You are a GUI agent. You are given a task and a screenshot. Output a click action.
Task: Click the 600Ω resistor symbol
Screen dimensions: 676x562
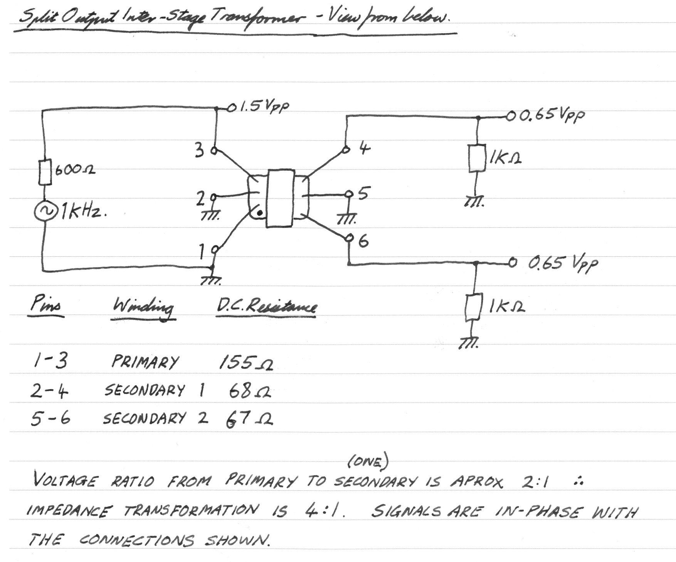(x=45, y=172)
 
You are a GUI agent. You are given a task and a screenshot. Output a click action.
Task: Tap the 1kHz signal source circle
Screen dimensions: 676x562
(x=45, y=212)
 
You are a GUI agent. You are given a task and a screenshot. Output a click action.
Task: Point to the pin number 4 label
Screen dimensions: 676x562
(x=364, y=148)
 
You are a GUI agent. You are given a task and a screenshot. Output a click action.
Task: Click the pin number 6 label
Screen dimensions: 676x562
(x=363, y=241)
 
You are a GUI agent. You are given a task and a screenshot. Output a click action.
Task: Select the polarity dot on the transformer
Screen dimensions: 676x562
(x=260, y=212)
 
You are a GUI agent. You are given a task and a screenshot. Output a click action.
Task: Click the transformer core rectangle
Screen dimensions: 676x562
(x=281, y=199)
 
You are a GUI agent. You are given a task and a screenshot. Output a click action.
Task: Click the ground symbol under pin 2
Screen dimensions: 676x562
(x=210, y=216)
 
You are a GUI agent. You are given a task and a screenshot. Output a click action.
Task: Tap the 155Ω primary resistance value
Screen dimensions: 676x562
(x=246, y=362)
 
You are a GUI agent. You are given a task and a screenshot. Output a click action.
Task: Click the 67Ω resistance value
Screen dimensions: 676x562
(x=249, y=419)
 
